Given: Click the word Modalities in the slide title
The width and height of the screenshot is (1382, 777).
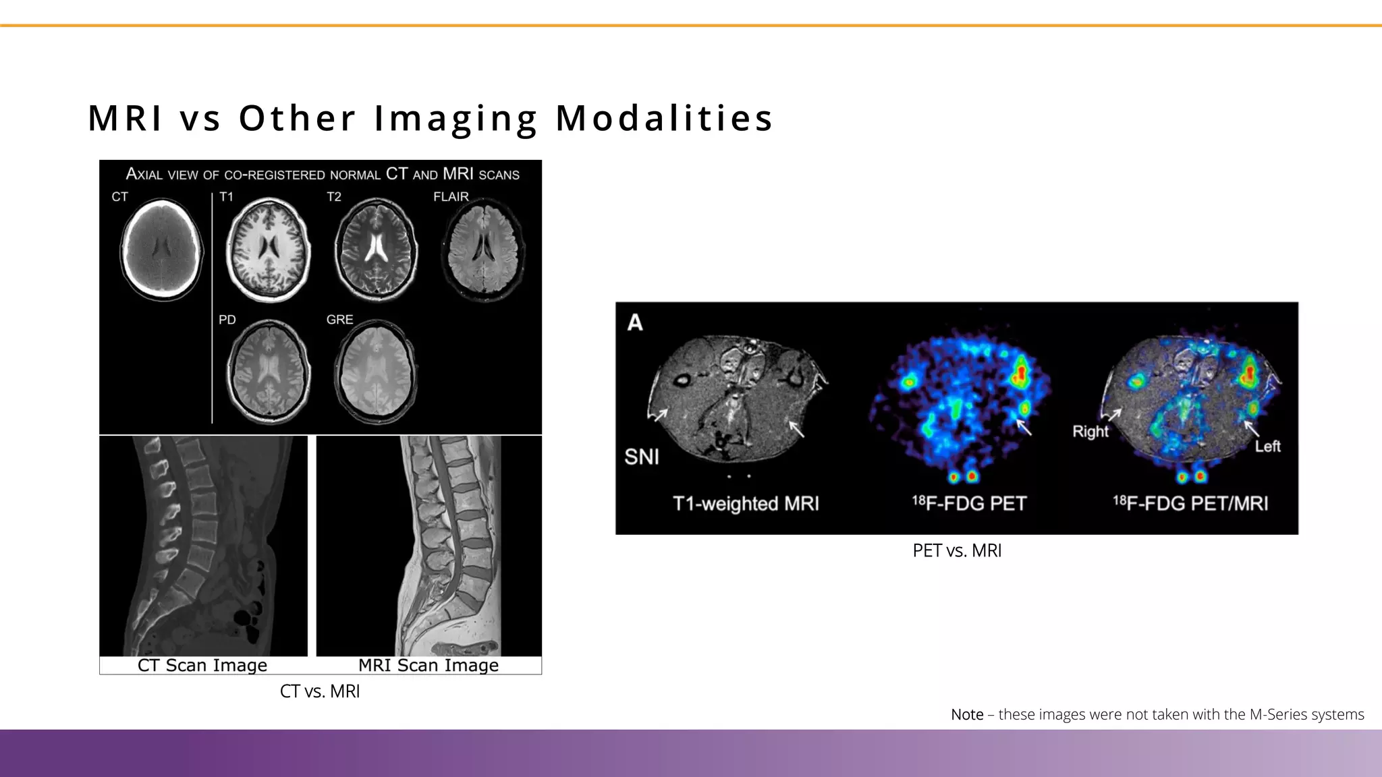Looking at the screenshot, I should pos(664,118).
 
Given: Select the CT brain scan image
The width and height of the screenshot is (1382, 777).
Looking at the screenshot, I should pos(162,249).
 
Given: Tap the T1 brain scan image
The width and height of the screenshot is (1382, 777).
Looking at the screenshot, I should pos(269,249).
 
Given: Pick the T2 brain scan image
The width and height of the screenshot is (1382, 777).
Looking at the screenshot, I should pos(377,249).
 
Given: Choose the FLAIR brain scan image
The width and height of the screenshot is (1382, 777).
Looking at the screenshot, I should pos(482,251).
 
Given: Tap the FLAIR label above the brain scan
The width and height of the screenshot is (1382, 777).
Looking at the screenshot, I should pos(451,197).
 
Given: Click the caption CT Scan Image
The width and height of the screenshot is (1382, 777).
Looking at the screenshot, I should pos(202,665).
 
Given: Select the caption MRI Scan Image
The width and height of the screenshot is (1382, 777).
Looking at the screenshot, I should pos(429,665).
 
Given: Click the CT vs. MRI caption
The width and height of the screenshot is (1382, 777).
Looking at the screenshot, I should pos(320,691).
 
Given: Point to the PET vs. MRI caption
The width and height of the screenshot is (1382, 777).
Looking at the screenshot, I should pos(957,551).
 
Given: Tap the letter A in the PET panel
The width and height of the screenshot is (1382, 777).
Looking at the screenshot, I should pos(635,323).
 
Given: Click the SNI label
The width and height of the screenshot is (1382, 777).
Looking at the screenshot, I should pos(642,457).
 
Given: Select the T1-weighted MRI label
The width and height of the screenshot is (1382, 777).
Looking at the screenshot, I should pos(746,504).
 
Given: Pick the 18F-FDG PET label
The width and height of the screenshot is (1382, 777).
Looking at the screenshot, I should pos(969,504).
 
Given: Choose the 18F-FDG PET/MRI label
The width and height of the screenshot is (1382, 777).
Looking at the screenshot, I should pos(1190,504).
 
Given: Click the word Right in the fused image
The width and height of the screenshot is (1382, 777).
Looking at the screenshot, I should pos(1090,432).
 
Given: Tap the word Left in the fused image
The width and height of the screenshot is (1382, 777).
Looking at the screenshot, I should pos(1267,447).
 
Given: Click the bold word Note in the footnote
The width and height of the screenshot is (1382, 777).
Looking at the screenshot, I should pos(967,715).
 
